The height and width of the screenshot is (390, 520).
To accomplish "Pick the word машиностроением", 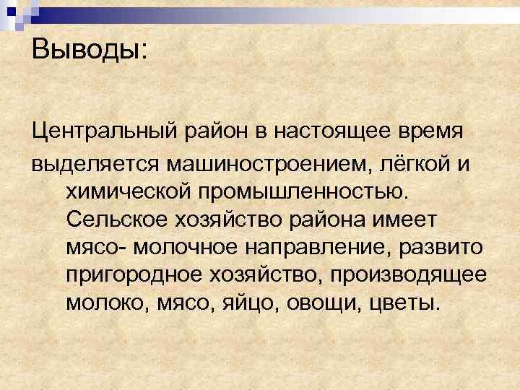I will pos(264,164).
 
